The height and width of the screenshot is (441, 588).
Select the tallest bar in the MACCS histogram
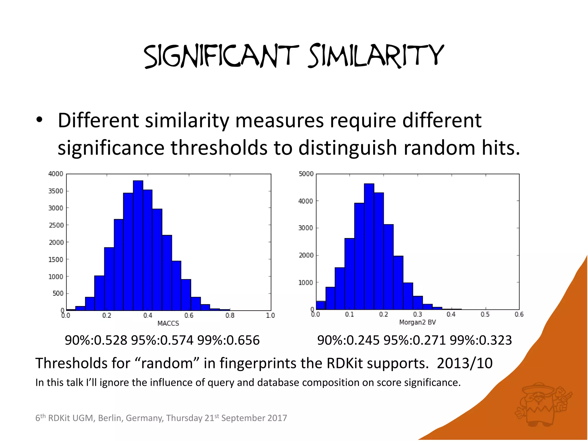coord(138,245)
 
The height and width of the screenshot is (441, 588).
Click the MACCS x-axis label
coord(168,324)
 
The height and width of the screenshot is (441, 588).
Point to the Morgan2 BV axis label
coord(417,322)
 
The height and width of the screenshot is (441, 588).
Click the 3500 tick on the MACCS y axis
coord(56,191)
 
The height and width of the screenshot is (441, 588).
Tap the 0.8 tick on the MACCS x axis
coord(230,316)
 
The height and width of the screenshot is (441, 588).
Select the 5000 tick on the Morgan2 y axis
coord(306,174)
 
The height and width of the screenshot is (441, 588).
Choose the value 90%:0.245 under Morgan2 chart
coord(349,341)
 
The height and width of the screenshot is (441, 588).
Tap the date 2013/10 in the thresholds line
coord(465,363)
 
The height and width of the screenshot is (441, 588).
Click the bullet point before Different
coord(40,120)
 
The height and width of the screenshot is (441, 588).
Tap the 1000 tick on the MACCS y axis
coord(56,277)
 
